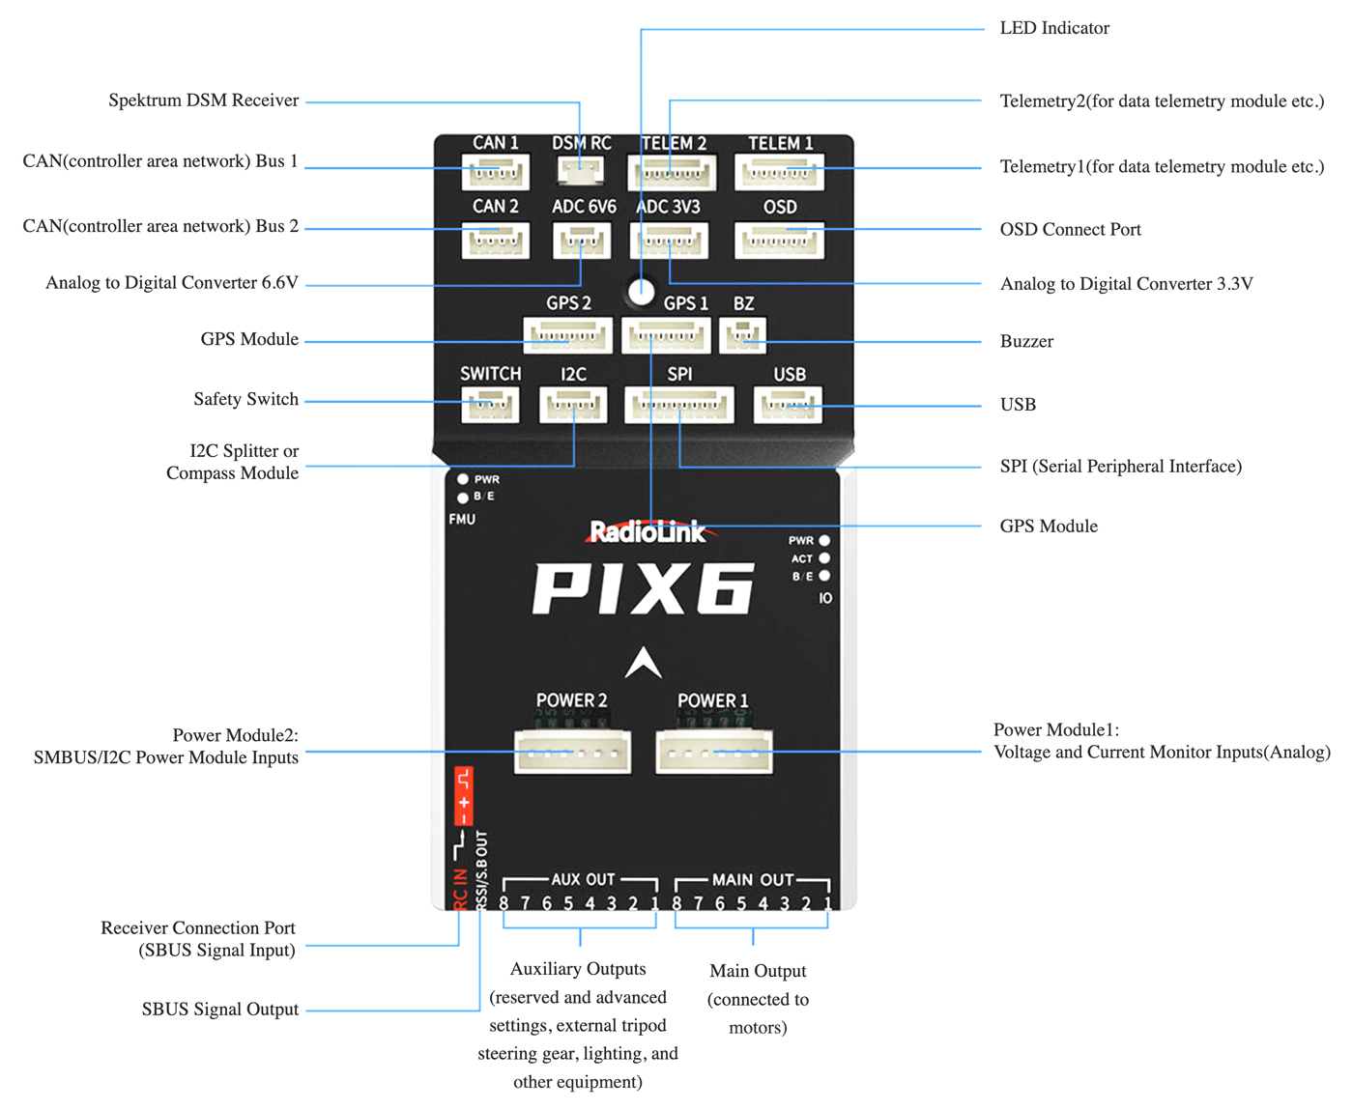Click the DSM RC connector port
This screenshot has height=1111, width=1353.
[581, 171]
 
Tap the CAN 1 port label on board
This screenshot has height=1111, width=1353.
[495, 143]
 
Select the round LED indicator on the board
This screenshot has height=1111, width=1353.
[641, 291]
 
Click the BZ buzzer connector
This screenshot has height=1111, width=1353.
[743, 335]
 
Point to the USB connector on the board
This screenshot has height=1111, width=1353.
[788, 405]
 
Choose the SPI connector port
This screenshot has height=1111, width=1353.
[679, 405]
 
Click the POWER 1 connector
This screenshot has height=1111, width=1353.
[714, 752]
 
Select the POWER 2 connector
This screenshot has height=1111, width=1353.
[572, 752]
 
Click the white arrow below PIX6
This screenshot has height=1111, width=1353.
[643, 663]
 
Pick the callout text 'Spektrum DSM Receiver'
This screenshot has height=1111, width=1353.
[203, 100]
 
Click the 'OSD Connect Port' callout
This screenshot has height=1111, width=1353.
[1070, 230]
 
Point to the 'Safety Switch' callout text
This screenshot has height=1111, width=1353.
[245, 399]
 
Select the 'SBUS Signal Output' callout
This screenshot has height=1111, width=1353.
[219, 1010]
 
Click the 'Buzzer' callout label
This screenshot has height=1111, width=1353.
[1026, 342]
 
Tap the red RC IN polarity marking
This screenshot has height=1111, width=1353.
[464, 795]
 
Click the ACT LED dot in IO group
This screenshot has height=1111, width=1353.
[824, 558]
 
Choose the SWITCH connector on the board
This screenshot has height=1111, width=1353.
[490, 405]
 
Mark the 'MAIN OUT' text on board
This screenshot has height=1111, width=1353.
[752, 880]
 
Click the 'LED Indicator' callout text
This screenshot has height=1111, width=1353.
[1054, 28]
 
